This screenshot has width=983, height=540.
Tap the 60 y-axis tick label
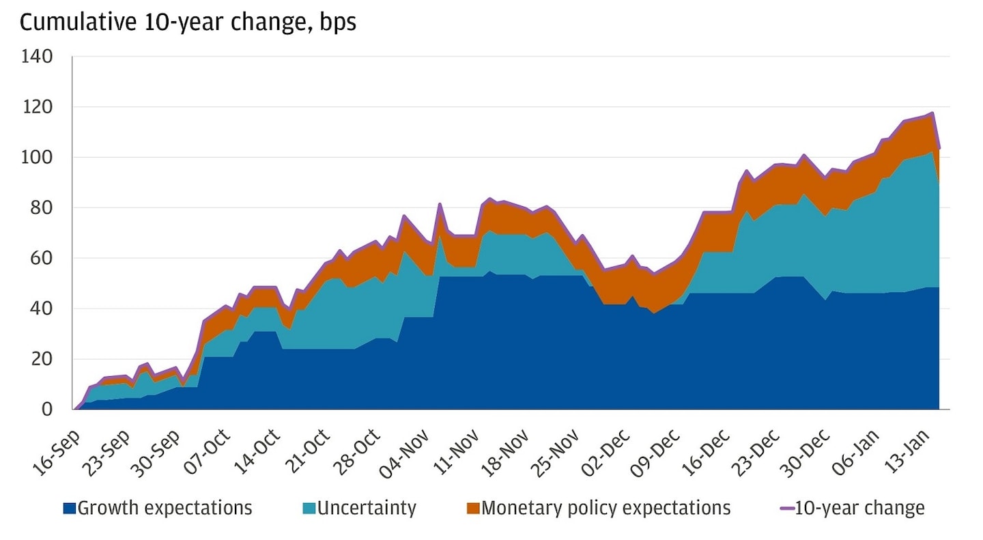pos(43,259)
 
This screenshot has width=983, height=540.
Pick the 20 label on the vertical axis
pos(43,359)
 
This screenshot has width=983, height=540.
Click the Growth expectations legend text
pos(165,508)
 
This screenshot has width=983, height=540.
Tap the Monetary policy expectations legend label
pos(606,508)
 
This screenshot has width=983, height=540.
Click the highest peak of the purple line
pos(932,113)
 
